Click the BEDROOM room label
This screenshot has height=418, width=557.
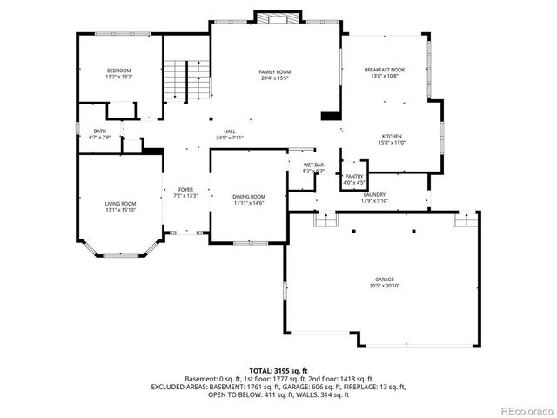coord(119,71)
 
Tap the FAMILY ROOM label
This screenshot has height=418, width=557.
coord(274,71)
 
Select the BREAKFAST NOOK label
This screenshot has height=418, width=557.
coord(385,70)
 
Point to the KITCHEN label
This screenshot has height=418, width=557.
coord(392,137)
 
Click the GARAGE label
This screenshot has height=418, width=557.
coord(385,280)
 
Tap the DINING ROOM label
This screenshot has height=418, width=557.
coord(249,197)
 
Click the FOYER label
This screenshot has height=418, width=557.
coord(185,189)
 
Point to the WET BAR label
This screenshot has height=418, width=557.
coord(313,165)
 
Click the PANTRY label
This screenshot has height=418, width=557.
coord(354,177)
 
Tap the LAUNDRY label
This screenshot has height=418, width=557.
coord(374,195)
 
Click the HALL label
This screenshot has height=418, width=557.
coord(231,131)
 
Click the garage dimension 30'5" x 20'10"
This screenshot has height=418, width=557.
coord(385,287)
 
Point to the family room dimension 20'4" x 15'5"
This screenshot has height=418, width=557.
coord(274,78)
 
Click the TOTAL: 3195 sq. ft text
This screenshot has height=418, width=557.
coord(278,371)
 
